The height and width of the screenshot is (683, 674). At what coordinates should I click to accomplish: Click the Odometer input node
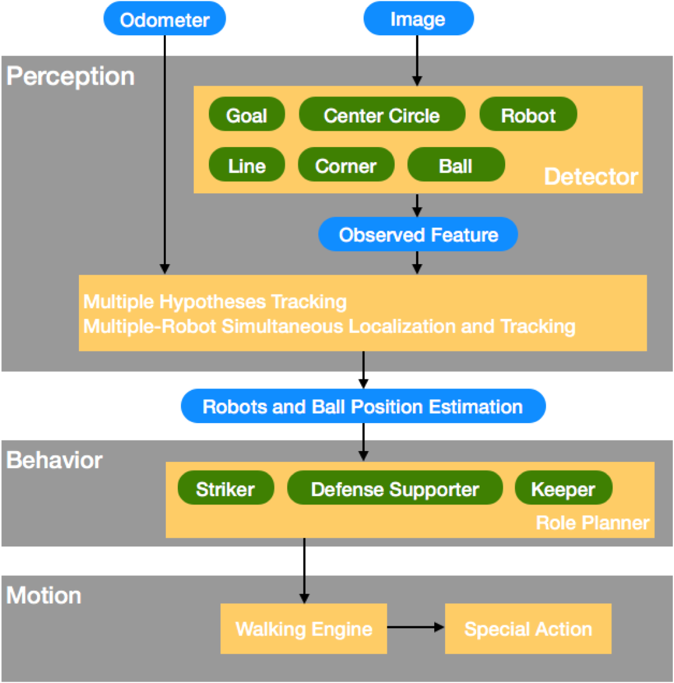pos(165,19)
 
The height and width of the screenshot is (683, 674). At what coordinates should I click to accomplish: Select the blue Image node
pos(418,19)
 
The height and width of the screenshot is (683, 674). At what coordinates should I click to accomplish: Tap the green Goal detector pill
pos(247,114)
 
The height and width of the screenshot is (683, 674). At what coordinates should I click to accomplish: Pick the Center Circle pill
pos(382,114)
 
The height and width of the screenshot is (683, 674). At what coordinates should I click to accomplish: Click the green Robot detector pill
pos(528,114)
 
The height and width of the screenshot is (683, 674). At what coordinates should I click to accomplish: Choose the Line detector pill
pos(247,165)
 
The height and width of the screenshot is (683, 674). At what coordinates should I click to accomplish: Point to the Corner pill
pos(346,165)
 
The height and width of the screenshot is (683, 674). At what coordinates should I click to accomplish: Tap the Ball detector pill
pos(456,165)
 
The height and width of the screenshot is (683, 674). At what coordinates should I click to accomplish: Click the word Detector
pos(591,177)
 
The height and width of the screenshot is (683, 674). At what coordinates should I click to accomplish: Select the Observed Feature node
pos(418,234)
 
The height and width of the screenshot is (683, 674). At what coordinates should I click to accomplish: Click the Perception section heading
pos(70,76)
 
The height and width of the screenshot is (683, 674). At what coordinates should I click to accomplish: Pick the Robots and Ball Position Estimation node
pos(363,406)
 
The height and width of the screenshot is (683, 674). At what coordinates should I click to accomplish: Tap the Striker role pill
pos(226,488)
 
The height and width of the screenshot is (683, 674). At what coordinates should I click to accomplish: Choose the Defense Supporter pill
pos(395,488)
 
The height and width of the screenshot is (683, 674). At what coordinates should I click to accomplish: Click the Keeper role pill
pos(563,488)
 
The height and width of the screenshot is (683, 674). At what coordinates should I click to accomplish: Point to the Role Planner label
pos(593,523)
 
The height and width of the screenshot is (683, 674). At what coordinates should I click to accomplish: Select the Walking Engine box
pos(304,628)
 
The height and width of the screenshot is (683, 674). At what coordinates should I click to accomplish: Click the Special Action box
pos(528,628)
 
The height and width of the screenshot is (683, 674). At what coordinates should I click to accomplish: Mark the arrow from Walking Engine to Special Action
pos(416,627)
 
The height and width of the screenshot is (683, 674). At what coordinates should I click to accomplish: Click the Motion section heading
pos(44,596)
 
